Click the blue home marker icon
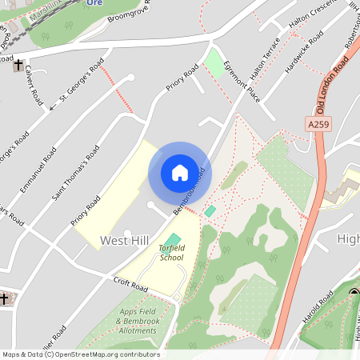click(x=180, y=173)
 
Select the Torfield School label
click(x=171, y=253)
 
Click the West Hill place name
click(x=123, y=240)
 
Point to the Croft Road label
click(x=131, y=285)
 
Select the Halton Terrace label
click(x=265, y=57)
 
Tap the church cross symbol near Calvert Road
click(x=18, y=67)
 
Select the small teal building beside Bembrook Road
click(x=210, y=210)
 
